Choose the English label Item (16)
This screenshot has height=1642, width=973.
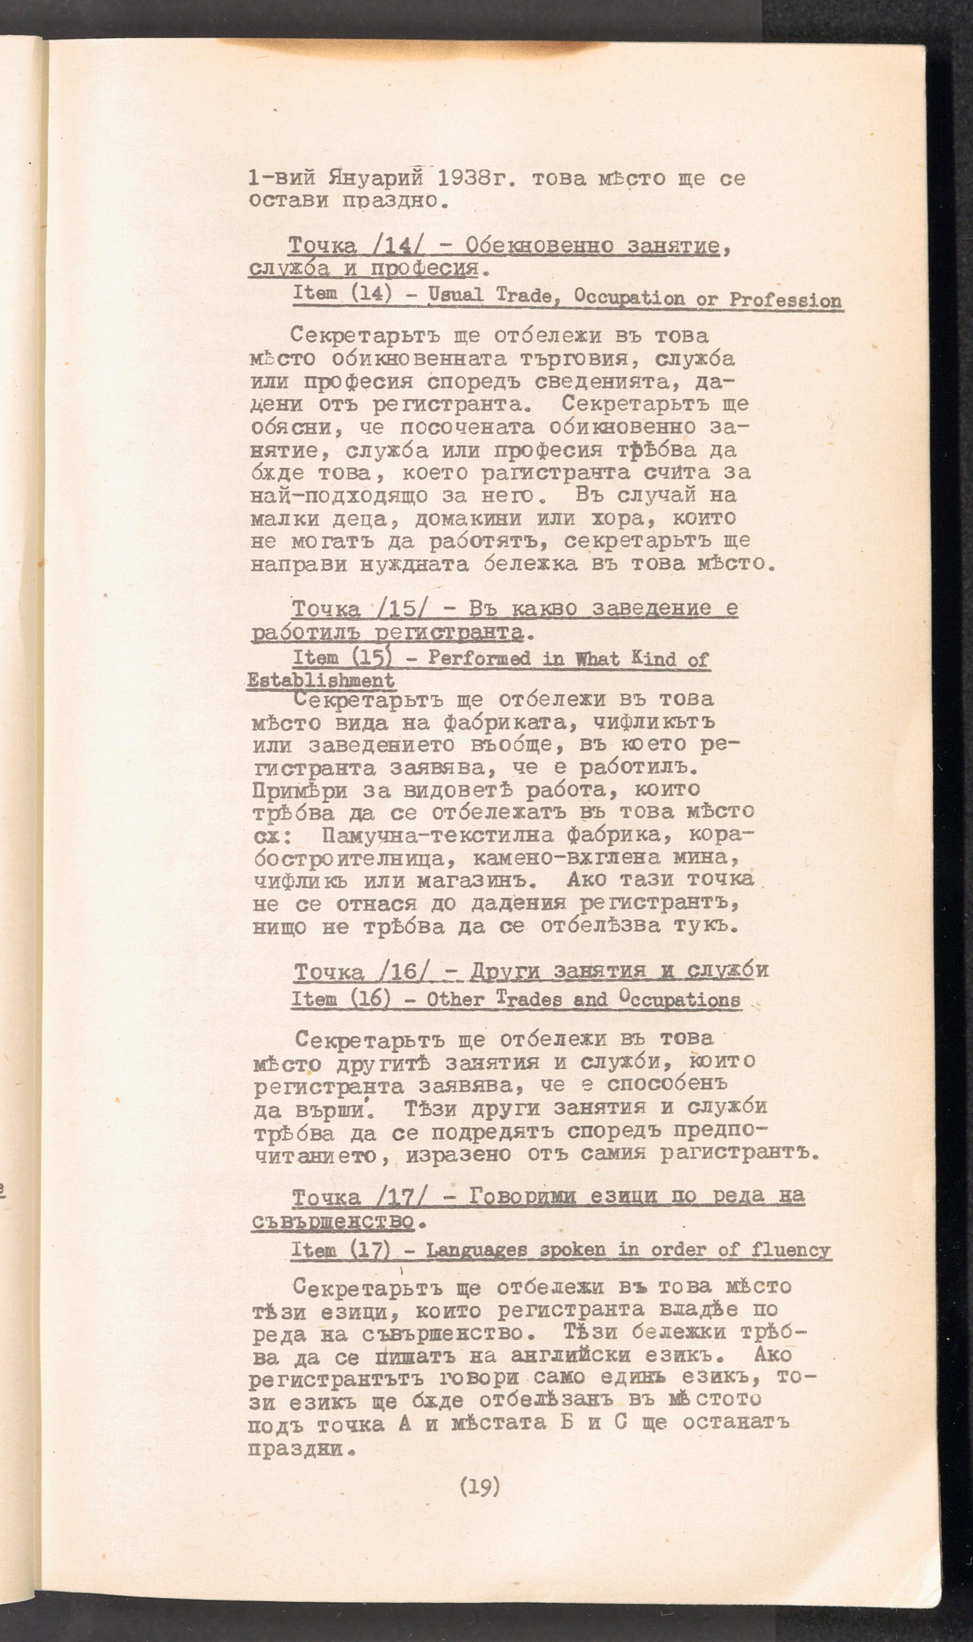tap(342, 1000)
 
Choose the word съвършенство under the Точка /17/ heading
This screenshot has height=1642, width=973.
tap(333, 1221)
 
